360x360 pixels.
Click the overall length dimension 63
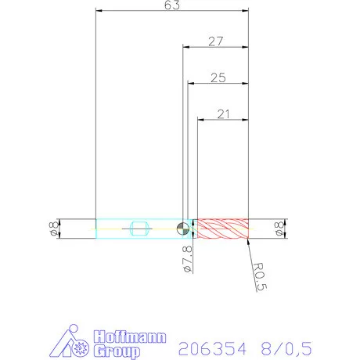point(172,5)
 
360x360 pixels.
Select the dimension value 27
point(217,41)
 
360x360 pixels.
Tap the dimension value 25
point(218,77)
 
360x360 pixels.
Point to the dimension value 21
point(222,114)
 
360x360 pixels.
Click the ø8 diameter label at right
point(279,229)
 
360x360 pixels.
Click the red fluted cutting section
point(222,229)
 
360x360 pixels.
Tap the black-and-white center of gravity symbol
point(182,229)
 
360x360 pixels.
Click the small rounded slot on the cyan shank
point(139,229)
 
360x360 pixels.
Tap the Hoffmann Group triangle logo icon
point(76,343)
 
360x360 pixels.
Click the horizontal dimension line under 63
point(171,11)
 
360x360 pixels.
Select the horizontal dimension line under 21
point(222,121)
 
